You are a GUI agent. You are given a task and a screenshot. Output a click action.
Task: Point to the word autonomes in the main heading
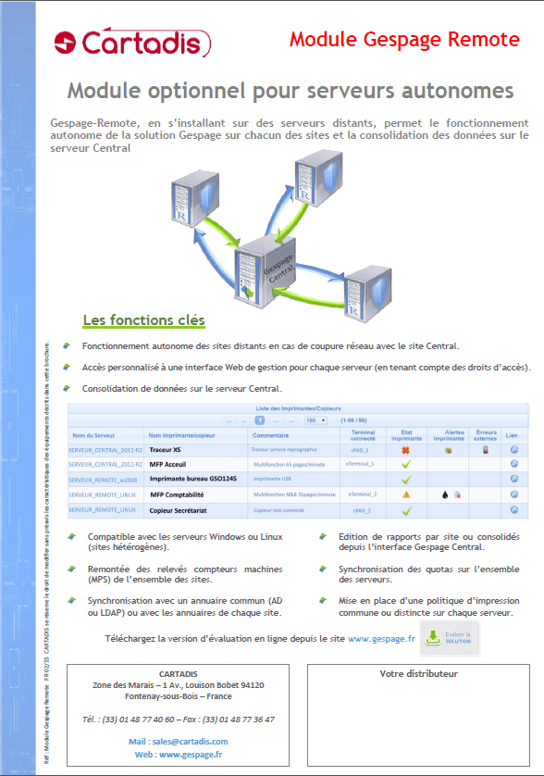tap(451, 91)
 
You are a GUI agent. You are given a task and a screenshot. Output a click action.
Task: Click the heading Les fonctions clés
tap(143, 320)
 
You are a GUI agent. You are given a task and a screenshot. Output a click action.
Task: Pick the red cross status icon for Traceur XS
tap(405, 449)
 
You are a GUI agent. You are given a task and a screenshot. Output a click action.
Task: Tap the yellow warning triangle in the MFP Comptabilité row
tap(405, 494)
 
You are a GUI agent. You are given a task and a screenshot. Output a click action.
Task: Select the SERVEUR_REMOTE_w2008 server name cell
tap(103, 480)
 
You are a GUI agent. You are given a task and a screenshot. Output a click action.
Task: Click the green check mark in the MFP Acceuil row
tap(405, 464)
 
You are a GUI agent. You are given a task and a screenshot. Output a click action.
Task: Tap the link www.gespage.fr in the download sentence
tap(380, 639)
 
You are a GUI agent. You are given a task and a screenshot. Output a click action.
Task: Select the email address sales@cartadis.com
tap(179, 741)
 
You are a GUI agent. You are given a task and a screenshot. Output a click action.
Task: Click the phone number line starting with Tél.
tap(179, 718)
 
